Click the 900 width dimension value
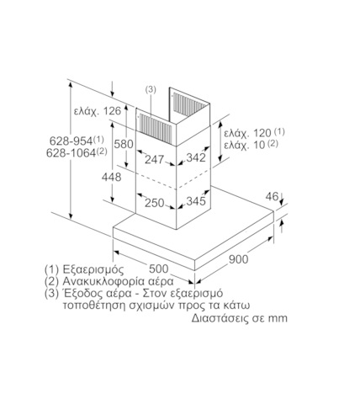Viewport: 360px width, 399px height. (x=239, y=259)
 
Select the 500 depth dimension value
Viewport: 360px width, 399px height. (x=159, y=269)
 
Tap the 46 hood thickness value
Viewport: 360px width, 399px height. (x=272, y=196)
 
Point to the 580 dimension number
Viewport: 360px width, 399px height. (x=124, y=144)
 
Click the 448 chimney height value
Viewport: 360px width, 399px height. (x=111, y=177)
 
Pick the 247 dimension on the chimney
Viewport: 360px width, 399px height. (x=154, y=159)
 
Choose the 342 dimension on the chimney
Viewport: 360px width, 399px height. (x=196, y=157)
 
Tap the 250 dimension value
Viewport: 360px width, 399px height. (x=155, y=203)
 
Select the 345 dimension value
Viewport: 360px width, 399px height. (x=196, y=201)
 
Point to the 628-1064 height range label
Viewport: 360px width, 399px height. (x=77, y=152)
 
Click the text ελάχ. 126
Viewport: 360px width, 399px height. (x=98, y=111)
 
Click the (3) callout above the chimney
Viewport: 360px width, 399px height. (x=151, y=89)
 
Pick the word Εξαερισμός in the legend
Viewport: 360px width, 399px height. (x=93, y=269)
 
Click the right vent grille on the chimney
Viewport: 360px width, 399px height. (x=189, y=104)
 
